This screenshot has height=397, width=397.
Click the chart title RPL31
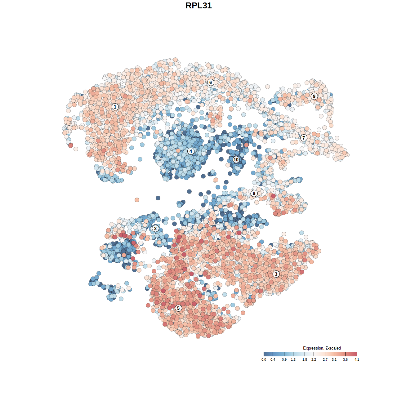[x=198, y=6]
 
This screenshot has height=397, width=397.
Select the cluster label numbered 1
[x=115, y=107]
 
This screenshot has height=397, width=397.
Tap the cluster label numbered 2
[x=155, y=229]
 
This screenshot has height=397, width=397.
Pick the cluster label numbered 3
[x=276, y=274]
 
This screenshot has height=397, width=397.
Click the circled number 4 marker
[x=191, y=151]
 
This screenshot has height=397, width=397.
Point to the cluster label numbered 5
[x=178, y=308]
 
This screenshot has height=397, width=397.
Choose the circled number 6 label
[x=211, y=82]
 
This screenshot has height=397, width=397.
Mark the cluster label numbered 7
[x=304, y=138]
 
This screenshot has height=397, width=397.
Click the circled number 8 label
[x=254, y=194]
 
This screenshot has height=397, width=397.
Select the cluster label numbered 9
[x=314, y=96]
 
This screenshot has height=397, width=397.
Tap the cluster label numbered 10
[x=236, y=160]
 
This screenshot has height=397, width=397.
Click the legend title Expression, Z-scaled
[x=322, y=348]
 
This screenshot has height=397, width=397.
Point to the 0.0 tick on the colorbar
[x=264, y=360]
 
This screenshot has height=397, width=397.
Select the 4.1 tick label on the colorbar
[x=357, y=360]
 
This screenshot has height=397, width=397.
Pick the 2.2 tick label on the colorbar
[x=314, y=360]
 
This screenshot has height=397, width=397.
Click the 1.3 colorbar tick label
[x=293, y=360]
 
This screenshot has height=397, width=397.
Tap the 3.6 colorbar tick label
[x=345, y=360]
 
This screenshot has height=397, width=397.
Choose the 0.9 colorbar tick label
[x=284, y=360]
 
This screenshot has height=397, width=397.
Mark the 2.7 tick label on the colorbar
[x=325, y=360]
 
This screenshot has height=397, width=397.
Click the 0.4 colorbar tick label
[x=273, y=360]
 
